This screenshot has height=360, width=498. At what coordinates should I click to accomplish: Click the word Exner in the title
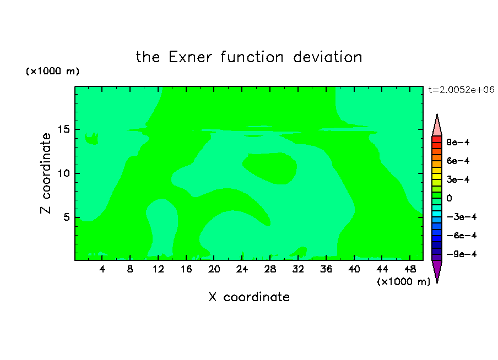(x=190, y=57)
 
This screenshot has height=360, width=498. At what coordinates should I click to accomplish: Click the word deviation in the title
(x=327, y=57)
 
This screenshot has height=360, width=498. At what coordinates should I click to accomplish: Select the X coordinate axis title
(x=249, y=297)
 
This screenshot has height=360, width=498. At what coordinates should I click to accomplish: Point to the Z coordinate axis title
(x=45, y=173)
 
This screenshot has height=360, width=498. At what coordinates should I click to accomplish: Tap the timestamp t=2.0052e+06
(x=461, y=90)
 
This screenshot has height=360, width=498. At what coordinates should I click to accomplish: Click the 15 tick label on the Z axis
(x=64, y=129)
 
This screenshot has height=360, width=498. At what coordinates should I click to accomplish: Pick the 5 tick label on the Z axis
(x=66, y=217)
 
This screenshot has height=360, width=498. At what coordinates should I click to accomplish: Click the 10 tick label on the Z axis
(x=64, y=173)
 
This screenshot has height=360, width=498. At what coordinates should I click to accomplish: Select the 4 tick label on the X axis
(x=102, y=269)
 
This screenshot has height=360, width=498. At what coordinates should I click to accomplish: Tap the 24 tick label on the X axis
(x=242, y=269)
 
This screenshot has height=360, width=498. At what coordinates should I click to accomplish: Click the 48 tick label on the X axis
(x=410, y=269)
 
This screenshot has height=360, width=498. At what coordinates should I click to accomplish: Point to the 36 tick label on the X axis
(x=326, y=269)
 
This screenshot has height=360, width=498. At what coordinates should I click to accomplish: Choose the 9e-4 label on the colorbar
(x=458, y=142)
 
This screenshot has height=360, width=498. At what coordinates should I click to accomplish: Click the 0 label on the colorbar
(x=449, y=198)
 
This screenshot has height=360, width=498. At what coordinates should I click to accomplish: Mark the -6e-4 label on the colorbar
(x=462, y=236)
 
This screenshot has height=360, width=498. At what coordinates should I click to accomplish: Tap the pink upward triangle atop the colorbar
(x=437, y=127)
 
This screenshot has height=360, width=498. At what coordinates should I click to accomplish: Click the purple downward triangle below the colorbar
(x=437, y=270)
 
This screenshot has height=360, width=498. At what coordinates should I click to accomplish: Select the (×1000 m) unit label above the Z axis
(x=52, y=71)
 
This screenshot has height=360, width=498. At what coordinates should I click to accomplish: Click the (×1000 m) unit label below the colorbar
(x=403, y=282)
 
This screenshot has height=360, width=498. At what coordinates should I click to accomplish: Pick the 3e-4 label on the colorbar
(x=458, y=179)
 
